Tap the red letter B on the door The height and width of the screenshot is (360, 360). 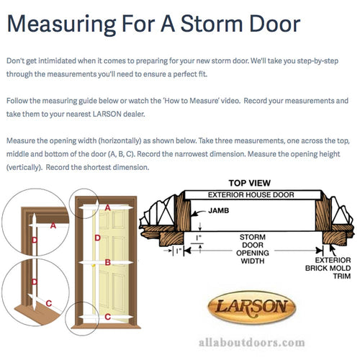click(108, 263)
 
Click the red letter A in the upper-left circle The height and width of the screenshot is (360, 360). click(53, 225)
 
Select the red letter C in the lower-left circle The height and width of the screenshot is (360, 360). click(48, 323)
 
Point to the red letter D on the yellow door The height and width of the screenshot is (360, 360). click(98, 237)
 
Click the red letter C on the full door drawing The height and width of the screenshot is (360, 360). click(107, 337)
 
